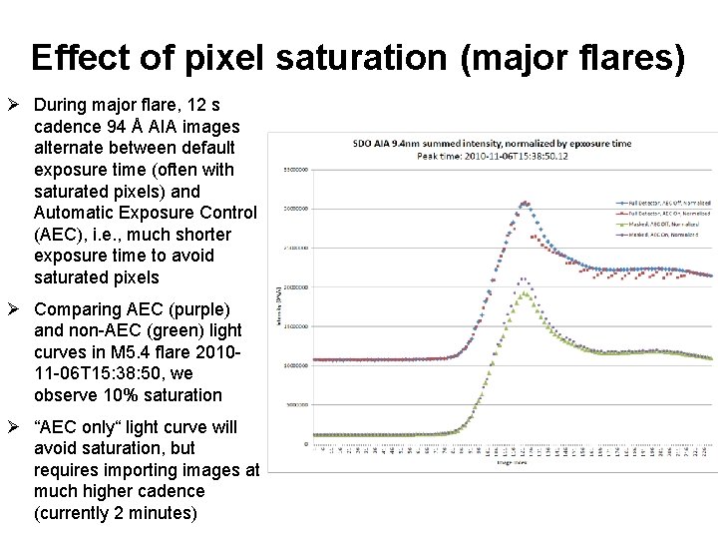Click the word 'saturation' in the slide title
point(376,58)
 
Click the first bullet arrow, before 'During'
point(16,105)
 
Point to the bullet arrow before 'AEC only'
point(16,427)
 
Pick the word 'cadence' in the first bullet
point(67,127)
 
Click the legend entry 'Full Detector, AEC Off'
point(661,204)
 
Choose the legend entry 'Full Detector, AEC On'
point(660,214)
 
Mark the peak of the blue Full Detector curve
point(524,203)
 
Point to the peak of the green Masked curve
point(524,292)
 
